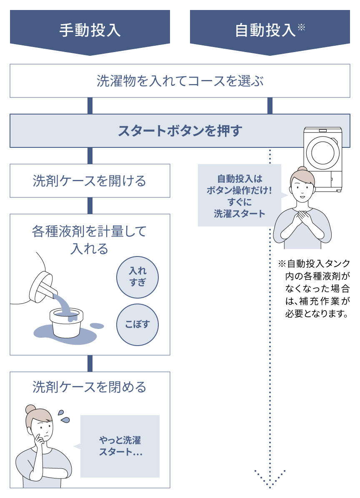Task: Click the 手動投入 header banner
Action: (x=90, y=30)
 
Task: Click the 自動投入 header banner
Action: (x=270, y=30)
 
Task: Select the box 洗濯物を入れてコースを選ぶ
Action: (x=180, y=81)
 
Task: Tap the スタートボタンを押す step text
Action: (x=180, y=131)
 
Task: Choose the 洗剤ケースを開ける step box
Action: (x=90, y=181)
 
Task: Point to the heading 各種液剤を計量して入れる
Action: (x=90, y=239)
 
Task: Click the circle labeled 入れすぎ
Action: (x=137, y=277)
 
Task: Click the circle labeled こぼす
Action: (x=137, y=325)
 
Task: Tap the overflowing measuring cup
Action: (x=65, y=319)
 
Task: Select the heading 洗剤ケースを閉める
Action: (x=90, y=387)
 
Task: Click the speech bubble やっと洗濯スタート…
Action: (x=120, y=446)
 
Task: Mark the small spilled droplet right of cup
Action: (x=97, y=325)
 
